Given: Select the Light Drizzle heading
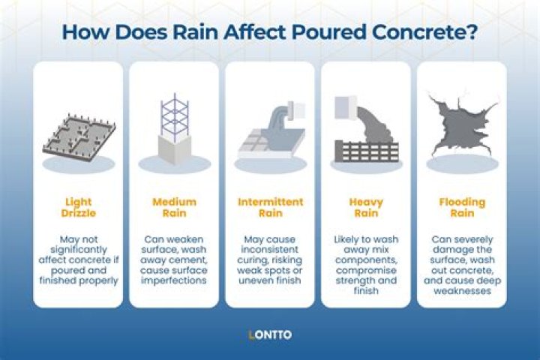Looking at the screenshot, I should (78, 208).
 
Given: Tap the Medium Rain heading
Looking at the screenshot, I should (174, 208).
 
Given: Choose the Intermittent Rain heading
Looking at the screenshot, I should (270, 208).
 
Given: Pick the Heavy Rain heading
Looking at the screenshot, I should (366, 208).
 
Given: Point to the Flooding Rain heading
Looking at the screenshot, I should (462, 208).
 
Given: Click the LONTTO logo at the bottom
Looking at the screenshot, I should (270, 334).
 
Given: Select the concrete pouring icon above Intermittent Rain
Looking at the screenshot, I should (270, 131).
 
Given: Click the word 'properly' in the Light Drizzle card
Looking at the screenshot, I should (97, 280).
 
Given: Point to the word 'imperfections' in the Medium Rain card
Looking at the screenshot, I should (174, 280).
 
